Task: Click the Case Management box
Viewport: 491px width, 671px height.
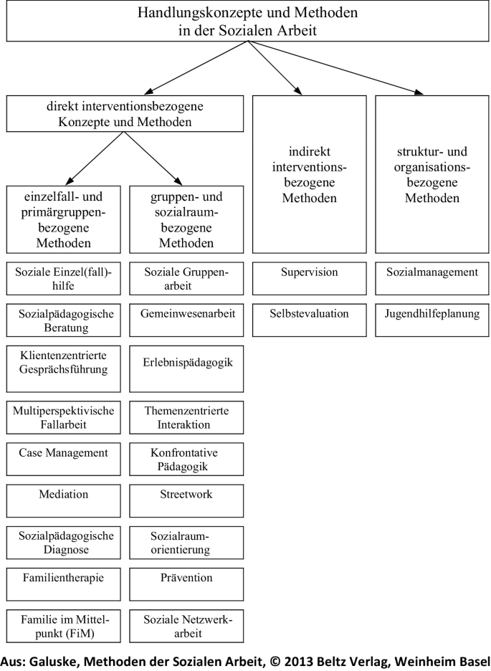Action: click(64, 460)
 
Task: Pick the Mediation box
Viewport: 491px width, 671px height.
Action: click(64, 500)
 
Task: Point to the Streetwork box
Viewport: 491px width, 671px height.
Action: click(186, 500)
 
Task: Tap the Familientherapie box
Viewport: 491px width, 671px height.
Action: click(64, 584)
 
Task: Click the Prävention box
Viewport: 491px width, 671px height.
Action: click(186, 584)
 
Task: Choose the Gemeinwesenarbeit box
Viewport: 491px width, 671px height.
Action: click(186, 320)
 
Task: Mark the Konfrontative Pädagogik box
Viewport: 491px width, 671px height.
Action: click(186, 460)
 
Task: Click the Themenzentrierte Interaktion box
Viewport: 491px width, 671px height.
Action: click(186, 417)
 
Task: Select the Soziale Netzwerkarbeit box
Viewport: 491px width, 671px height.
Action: click(186, 624)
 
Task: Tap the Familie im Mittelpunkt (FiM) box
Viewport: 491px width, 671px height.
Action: click(64, 624)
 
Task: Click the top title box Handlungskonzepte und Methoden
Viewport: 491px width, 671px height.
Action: click(248, 22)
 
